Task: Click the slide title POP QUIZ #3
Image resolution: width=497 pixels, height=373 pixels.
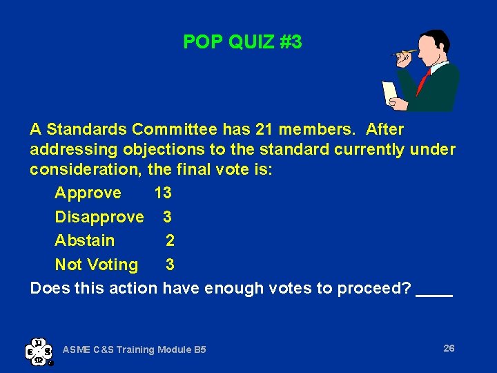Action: tap(242, 42)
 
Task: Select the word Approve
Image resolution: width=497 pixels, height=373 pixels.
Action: tap(88, 193)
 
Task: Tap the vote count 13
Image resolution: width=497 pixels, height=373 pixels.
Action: tap(163, 193)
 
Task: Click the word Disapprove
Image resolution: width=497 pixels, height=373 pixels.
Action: tap(99, 217)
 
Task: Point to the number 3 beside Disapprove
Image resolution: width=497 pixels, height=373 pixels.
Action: tap(168, 217)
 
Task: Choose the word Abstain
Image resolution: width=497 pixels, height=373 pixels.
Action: tap(85, 240)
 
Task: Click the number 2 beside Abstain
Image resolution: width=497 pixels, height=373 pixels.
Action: tap(170, 240)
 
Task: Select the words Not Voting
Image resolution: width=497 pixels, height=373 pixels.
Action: tap(97, 265)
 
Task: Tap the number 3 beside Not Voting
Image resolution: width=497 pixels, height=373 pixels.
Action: tap(170, 265)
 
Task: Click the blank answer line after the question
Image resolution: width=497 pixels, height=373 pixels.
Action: tap(435, 293)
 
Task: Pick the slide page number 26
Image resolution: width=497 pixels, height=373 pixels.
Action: tap(449, 348)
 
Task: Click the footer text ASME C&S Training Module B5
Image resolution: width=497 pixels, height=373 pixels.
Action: tap(134, 350)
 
